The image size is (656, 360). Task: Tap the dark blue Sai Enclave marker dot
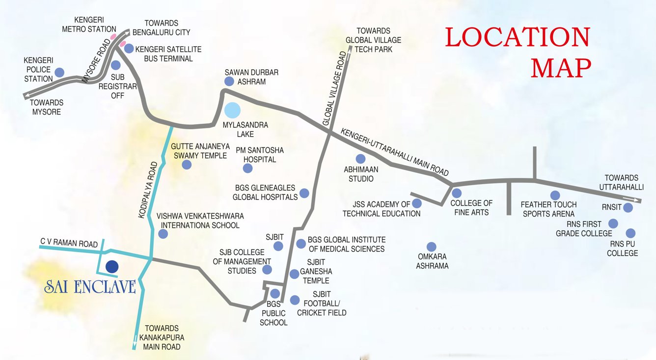coord(112,266)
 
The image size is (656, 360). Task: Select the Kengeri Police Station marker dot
coord(59,72)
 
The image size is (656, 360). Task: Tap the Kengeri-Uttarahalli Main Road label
coord(395,152)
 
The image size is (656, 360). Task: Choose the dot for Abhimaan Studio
coord(360,159)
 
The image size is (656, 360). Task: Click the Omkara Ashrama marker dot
coord(431,247)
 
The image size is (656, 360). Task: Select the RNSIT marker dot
coord(628,208)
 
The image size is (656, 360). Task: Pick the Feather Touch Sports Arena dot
coord(555,195)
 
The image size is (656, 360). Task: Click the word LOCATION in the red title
coord(517,38)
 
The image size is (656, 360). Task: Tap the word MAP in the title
coord(561,68)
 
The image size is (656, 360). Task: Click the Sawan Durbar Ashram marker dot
coord(229,82)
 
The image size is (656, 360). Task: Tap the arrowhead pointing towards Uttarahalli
coord(638,200)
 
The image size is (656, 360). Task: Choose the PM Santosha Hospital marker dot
coord(247,168)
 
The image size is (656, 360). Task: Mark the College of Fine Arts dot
coord(457,193)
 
